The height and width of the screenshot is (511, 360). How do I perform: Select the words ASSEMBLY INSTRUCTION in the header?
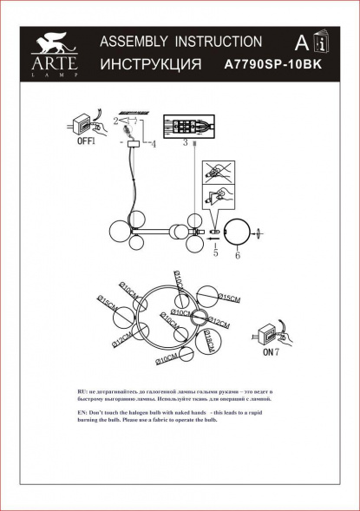click(181, 42)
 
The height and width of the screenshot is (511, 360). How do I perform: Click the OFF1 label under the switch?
click(85, 139)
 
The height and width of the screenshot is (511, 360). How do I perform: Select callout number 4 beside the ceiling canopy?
click(154, 143)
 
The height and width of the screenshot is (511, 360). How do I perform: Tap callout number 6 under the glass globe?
click(236, 256)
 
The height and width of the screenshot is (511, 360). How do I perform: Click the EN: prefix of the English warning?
click(83, 410)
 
